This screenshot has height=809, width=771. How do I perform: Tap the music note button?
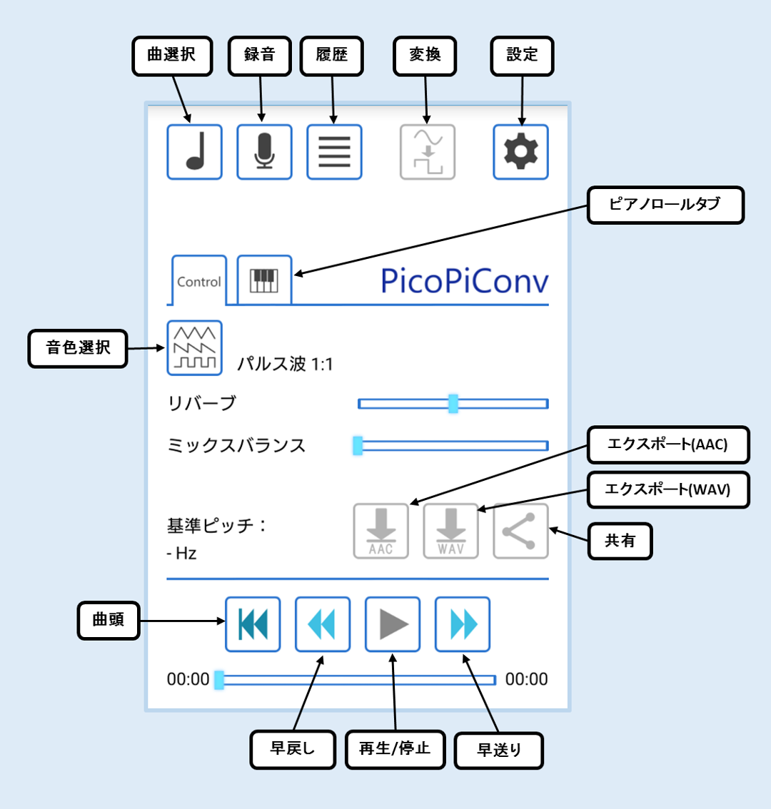[x=195, y=152]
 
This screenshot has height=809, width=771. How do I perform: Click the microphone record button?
[x=264, y=152]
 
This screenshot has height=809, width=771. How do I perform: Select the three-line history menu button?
[x=334, y=152]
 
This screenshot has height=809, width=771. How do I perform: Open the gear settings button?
[x=520, y=152]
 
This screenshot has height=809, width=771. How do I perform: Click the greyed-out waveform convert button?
[x=428, y=152]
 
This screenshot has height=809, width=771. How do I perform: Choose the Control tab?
[x=199, y=280]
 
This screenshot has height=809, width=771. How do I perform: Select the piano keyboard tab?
[x=264, y=280]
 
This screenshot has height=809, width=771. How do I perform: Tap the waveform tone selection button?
[x=195, y=347]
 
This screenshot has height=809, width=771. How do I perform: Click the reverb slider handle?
[x=453, y=404]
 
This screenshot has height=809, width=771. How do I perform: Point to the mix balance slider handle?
[x=358, y=446]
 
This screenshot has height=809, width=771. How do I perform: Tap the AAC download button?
[x=381, y=531]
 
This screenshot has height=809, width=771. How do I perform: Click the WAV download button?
[x=451, y=531]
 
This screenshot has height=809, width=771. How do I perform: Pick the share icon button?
[x=520, y=531]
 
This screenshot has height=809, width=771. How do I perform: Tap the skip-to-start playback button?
[x=253, y=624]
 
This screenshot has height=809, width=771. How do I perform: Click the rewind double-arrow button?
[x=323, y=624]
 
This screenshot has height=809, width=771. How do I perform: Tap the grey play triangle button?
[x=393, y=624]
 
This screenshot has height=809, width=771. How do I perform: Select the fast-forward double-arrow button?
[x=463, y=624]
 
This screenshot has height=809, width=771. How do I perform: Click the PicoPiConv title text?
[x=464, y=281]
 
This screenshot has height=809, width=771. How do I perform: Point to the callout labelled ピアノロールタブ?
[x=665, y=205]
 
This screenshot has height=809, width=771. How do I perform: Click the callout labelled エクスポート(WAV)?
[x=668, y=489]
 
